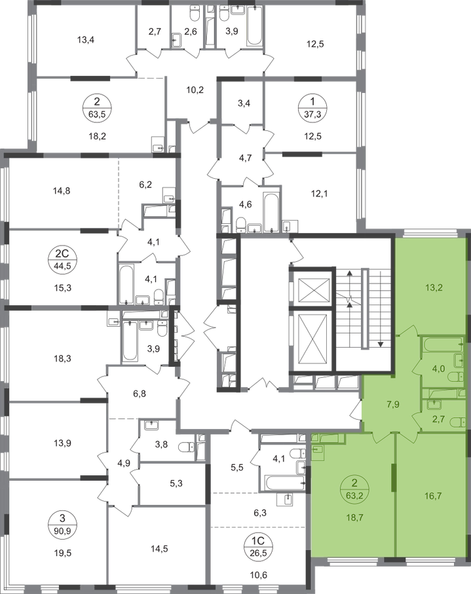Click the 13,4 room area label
coord(86,39)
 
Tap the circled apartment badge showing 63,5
coord(98,107)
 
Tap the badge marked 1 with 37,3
coord(312,107)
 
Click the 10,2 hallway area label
coord(195,90)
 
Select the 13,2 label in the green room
coord(434,288)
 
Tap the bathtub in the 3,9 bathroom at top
coord(254,26)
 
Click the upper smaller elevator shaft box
coord(314,290)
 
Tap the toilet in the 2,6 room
coord(194,14)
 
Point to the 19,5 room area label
coord(63,553)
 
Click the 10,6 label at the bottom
coord(259,576)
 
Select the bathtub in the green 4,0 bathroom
coord(442,344)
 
